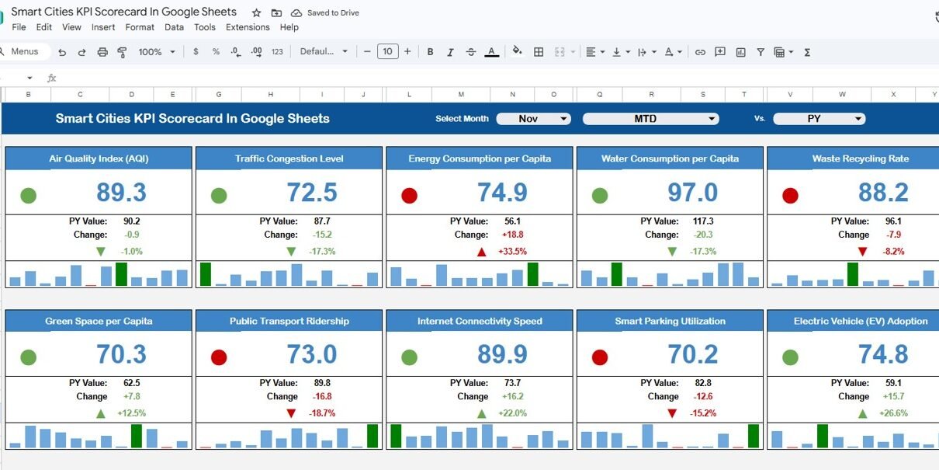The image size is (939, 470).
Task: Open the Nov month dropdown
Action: click(533, 119)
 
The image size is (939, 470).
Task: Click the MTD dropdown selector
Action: click(650, 119)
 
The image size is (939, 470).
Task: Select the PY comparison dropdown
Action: click(819, 119)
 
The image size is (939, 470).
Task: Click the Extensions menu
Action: click(248, 27)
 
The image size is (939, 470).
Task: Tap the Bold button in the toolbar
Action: click(430, 51)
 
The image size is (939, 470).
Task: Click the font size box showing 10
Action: click(388, 51)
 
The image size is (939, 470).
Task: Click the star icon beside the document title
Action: click(257, 13)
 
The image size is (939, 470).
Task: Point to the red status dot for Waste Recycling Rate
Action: click(790, 196)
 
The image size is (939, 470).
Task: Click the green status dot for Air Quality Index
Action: click(29, 196)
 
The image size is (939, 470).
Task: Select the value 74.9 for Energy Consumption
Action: click(502, 193)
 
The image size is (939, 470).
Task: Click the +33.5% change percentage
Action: click(512, 252)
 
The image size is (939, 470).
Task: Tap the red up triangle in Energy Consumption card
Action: click(482, 252)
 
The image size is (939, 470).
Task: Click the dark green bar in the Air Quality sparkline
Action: click(121, 274)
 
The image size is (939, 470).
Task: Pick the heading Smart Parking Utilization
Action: click(670, 321)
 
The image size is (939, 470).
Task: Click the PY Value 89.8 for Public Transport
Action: click(322, 383)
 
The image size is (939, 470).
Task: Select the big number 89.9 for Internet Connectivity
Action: click(502, 354)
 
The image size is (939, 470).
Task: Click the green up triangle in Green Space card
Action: click(101, 414)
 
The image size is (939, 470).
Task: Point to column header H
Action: click(270, 95)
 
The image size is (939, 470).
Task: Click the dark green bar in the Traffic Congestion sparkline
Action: click(206, 274)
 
